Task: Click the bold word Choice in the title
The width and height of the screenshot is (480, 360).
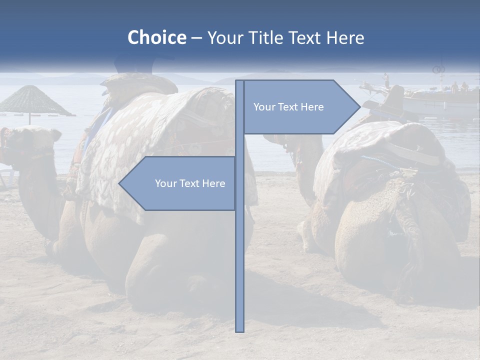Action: coord(156,37)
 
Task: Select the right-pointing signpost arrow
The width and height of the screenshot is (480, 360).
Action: coord(300,107)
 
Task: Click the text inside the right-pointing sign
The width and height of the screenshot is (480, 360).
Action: coord(288,107)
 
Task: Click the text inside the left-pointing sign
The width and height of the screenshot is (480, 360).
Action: coord(190,183)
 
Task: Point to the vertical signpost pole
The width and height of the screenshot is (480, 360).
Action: coord(240,250)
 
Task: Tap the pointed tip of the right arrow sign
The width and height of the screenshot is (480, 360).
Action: coord(359,107)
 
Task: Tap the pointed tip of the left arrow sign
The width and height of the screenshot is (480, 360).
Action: coord(120,183)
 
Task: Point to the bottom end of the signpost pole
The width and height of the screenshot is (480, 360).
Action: coord(240,330)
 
